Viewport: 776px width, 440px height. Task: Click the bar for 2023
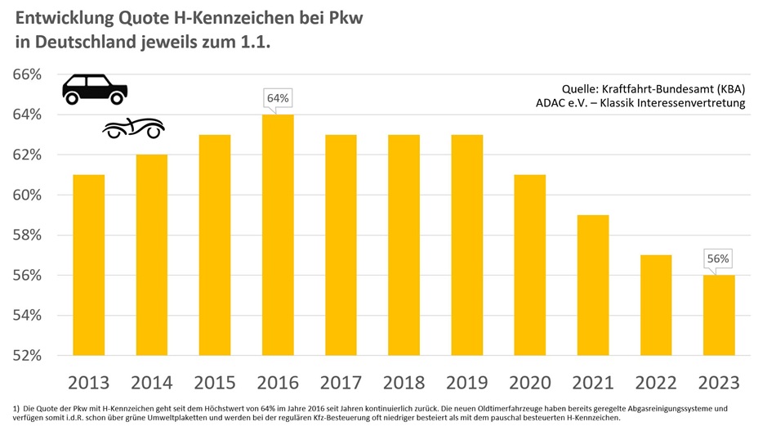(x=718, y=315)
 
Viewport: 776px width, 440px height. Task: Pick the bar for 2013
(x=89, y=265)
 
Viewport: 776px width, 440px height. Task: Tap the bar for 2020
(x=529, y=265)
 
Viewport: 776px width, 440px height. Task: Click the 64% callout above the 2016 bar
(x=278, y=99)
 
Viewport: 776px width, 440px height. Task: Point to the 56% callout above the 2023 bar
(x=718, y=259)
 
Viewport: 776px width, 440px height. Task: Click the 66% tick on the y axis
(x=27, y=74)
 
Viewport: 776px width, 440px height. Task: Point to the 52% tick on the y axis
(x=27, y=356)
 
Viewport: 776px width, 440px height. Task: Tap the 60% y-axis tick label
(x=27, y=195)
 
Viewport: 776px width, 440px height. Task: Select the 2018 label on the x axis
(x=404, y=382)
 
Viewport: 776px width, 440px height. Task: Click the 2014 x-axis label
(x=152, y=382)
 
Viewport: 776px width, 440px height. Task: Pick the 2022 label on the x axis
(x=655, y=382)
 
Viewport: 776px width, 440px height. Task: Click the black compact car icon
(x=95, y=88)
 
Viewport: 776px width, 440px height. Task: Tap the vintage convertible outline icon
(x=132, y=128)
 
